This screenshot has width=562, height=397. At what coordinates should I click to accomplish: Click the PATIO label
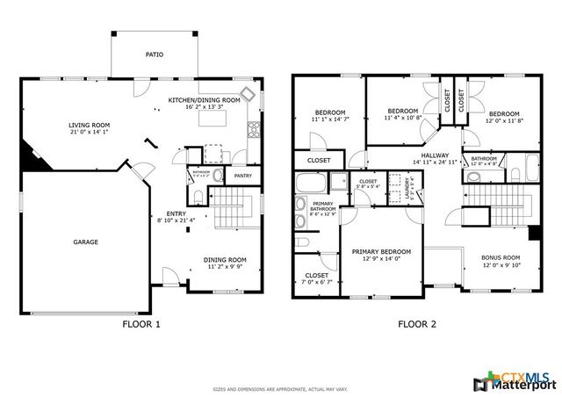coord(154,54)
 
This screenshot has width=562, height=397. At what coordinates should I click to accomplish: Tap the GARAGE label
coord(85,242)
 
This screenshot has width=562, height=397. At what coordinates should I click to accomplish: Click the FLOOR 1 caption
coord(141,324)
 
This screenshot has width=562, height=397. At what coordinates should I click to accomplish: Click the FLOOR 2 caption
coord(418,324)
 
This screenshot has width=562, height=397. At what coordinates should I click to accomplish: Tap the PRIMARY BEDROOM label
coord(381,250)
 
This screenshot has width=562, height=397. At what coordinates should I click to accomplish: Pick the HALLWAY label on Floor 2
coord(436,155)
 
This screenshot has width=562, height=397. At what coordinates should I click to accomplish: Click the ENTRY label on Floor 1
coord(176,213)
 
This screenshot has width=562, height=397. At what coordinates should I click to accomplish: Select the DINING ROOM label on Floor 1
coord(226,259)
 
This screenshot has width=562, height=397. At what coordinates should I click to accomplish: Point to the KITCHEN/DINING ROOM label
coord(204,100)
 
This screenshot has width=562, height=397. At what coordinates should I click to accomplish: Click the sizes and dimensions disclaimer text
coord(281,388)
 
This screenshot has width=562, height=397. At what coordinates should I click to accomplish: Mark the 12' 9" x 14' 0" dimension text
coord(381,258)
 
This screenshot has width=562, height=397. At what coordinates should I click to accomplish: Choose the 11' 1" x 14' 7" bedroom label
coord(331,119)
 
